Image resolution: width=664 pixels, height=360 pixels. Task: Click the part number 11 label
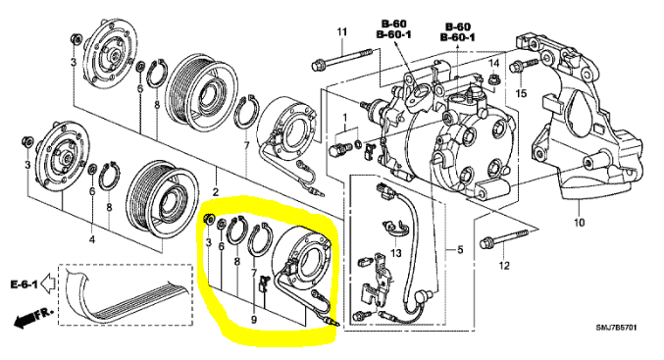point(341,31)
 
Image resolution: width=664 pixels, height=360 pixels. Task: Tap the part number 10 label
point(579,222)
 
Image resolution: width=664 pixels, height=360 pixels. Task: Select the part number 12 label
point(504,266)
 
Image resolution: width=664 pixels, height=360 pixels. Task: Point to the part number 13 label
point(395,253)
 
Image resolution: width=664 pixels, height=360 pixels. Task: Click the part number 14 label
point(494,64)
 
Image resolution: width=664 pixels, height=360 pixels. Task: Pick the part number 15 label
point(521,93)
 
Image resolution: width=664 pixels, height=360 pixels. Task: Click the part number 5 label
point(460,250)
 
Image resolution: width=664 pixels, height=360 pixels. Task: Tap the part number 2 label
point(216,192)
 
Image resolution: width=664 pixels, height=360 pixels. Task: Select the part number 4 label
point(92,239)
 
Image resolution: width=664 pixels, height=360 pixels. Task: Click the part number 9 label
point(254,320)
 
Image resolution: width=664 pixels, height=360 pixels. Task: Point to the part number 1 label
point(344,117)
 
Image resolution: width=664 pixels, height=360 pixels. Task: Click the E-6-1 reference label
point(25,284)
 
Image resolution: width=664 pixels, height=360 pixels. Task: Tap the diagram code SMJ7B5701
point(616,328)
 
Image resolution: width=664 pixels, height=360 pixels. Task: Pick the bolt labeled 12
point(504,238)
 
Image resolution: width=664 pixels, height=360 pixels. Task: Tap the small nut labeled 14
point(492,78)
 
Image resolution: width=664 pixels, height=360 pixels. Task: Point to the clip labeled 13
point(394,228)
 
